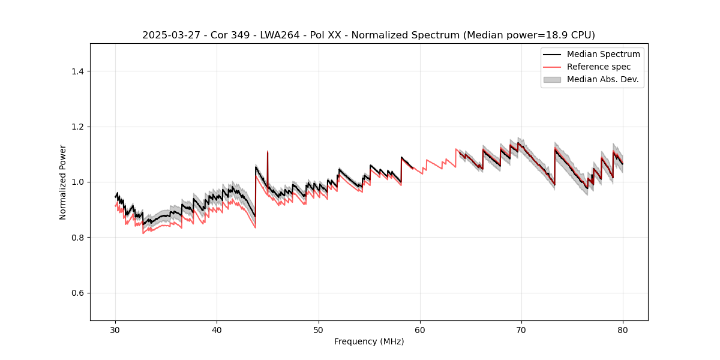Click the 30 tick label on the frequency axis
116,329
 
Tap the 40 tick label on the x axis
217,329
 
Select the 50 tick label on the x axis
319,329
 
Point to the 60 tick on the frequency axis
420,329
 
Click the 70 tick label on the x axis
521,329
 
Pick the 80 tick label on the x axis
623,329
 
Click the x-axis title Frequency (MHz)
369,341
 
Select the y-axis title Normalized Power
63,182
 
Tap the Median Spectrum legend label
603,54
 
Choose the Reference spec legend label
599,67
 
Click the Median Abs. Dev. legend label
602,79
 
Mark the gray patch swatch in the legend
552,79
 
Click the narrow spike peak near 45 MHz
268,151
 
